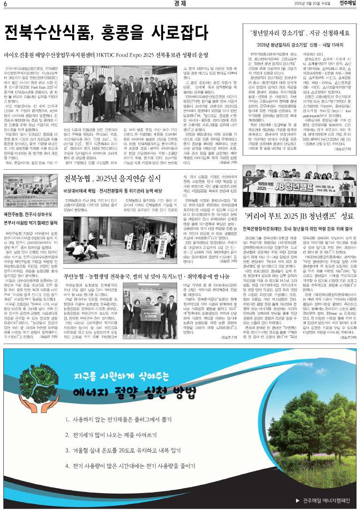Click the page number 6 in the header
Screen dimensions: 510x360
(5, 4)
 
